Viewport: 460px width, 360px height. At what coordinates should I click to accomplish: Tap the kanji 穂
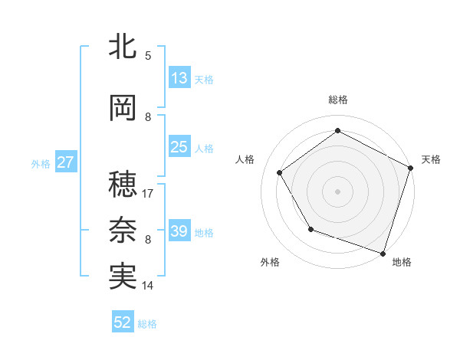click(123, 183)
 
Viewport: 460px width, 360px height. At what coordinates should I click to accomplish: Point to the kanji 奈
click(123, 229)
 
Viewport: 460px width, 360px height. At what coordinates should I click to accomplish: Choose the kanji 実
click(123, 276)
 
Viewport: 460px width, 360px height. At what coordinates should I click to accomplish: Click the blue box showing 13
click(179, 78)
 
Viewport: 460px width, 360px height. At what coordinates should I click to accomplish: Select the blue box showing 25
click(179, 147)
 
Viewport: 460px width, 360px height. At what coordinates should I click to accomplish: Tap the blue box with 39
click(179, 231)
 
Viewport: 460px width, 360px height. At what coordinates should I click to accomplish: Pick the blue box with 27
click(66, 162)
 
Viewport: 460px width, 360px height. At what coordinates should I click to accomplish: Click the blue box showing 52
click(123, 322)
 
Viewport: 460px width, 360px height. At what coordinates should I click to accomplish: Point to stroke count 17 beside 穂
click(148, 194)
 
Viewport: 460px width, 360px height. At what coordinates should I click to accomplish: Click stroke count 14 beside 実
click(148, 286)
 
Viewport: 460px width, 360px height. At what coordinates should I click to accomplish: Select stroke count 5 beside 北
click(148, 56)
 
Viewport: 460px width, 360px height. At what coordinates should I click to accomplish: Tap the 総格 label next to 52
click(147, 324)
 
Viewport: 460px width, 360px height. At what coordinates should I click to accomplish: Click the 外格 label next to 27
click(41, 164)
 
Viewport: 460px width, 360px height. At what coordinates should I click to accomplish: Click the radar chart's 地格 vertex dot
click(383, 253)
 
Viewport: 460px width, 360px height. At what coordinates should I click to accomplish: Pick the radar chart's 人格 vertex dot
click(280, 172)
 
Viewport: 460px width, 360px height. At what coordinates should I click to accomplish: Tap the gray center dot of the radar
click(337, 191)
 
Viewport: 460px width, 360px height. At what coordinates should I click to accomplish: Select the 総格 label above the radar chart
click(337, 100)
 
